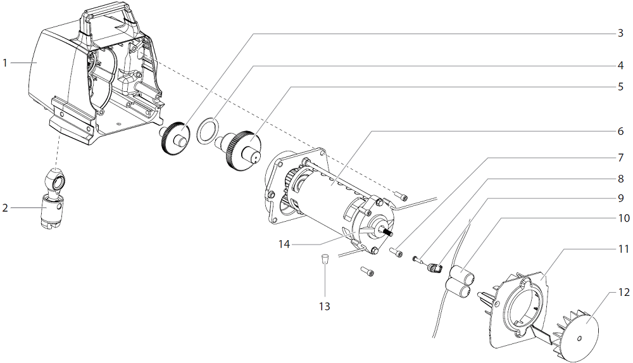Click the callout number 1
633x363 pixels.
5,63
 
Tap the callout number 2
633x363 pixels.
5,207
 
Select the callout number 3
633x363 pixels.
620,33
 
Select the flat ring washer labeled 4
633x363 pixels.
206,130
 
